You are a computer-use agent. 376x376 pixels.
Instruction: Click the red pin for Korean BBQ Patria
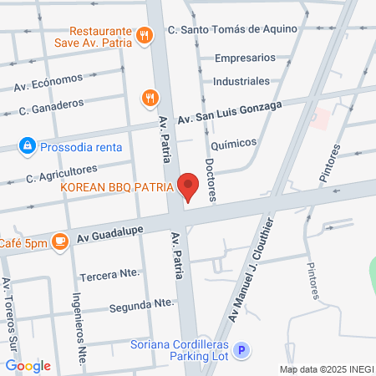coord(189,186)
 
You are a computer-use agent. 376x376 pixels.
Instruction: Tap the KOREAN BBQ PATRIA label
coord(117,187)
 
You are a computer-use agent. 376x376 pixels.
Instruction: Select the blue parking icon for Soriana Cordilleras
coord(241,352)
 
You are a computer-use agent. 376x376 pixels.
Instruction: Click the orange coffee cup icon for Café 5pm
coord(59,241)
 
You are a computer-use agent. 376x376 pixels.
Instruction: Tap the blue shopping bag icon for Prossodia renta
coord(28,146)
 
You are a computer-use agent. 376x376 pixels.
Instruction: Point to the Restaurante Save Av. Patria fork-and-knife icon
coord(145,34)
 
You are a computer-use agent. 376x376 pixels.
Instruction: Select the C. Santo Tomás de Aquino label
coord(232,30)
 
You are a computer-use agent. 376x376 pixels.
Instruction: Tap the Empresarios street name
coord(245,58)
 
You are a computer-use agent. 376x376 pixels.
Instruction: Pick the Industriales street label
coord(241,81)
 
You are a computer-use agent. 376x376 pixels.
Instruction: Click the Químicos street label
coord(233,144)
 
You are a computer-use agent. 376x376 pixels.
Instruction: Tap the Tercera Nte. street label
coord(109,274)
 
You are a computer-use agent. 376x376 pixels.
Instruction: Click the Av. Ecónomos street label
coord(48,82)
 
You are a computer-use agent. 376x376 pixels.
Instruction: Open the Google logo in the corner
coord(28,365)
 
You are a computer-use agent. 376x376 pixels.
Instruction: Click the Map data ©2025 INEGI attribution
coord(325,368)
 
